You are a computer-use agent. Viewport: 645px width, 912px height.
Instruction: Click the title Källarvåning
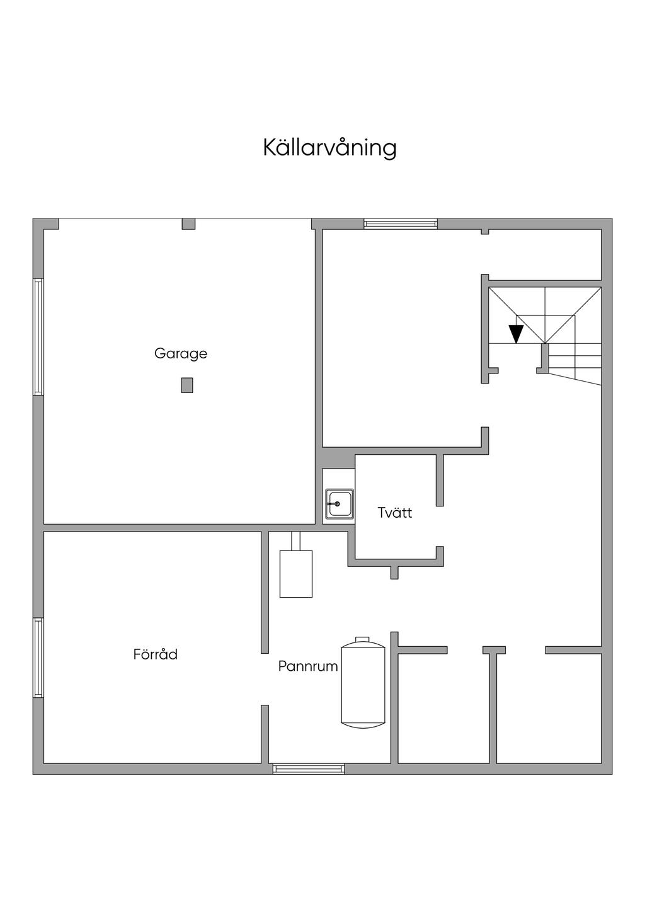click(x=329, y=148)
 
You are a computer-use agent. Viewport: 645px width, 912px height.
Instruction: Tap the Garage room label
click(x=181, y=353)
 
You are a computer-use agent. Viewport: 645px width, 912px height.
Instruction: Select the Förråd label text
click(x=156, y=654)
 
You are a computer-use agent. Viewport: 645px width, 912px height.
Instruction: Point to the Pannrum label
click(x=308, y=666)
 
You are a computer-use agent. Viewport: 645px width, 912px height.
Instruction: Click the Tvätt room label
click(x=395, y=513)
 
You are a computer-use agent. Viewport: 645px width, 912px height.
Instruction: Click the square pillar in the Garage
click(x=187, y=385)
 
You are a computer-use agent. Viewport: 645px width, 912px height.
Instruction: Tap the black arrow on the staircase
click(x=517, y=333)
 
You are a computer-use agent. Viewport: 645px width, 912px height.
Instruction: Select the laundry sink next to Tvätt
click(x=339, y=504)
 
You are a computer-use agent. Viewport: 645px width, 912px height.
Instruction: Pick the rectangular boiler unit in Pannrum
click(x=296, y=573)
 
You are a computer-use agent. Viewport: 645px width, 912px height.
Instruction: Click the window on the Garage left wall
click(x=38, y=337)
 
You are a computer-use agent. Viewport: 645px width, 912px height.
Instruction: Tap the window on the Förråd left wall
click(x=38, y=658)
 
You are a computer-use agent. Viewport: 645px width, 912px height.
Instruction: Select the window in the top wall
click(x=401, y=224)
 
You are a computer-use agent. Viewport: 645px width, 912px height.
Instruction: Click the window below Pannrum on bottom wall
click(x=309, y=768)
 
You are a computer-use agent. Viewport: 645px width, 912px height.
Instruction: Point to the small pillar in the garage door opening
click(x=188, y=224)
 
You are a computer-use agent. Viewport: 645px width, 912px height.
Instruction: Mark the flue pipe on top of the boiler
click(x=296, y=540)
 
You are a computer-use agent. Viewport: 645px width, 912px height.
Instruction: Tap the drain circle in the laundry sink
click(x=338, y=504)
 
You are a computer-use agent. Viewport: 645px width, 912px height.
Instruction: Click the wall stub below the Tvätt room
click(x=394, y=573)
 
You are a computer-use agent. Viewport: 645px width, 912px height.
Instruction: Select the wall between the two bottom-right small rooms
click(x=493, y=705)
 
